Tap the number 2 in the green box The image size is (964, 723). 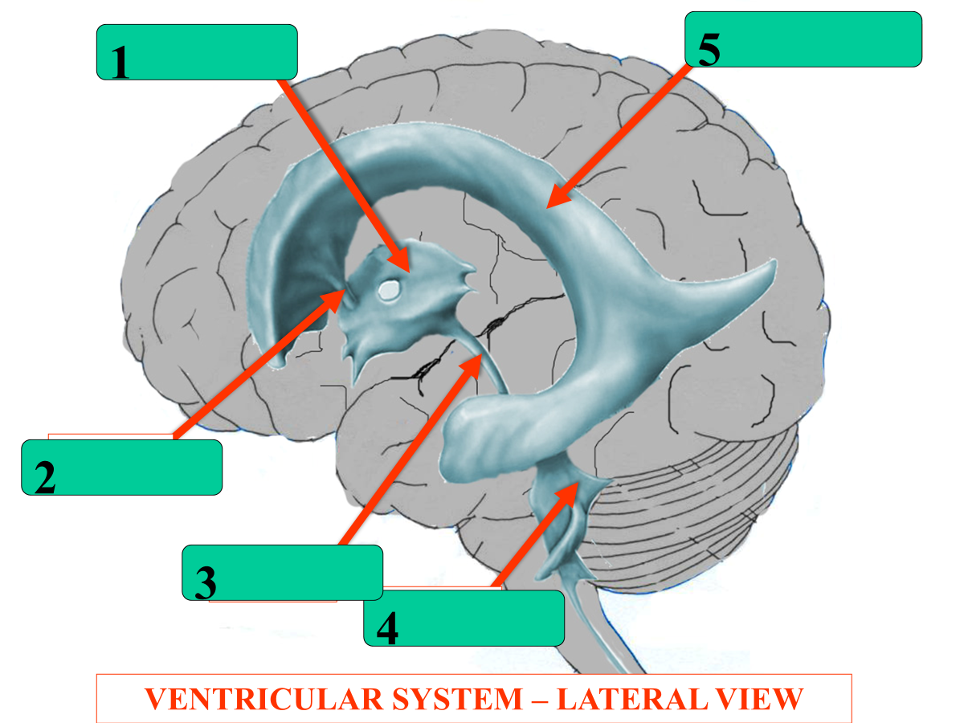click(x=45, y=478)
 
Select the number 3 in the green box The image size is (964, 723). click(x=206, y=583)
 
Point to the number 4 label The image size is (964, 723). click(x=387, y=629)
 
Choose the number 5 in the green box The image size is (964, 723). click(x=709, y=50)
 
